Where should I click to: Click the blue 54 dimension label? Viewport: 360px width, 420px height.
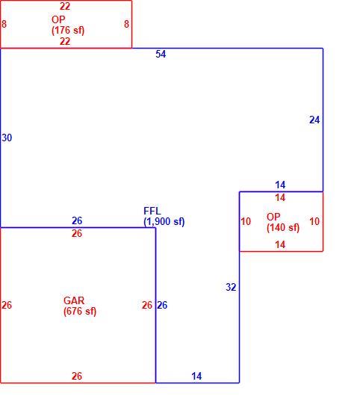[x=161, y=54]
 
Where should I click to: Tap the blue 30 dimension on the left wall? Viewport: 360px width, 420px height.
[x=7, y=138]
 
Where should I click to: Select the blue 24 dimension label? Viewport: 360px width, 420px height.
[x=314, y=120]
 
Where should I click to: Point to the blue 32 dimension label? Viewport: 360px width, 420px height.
[x=231, y=287]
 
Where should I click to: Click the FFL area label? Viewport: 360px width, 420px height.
[x=152, y=211]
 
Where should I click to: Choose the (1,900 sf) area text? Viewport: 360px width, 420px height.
[x=164, y=222]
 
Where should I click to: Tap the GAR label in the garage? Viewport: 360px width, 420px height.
[x=74, y=300]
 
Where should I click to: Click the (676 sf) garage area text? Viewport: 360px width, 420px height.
[x=80, y=311]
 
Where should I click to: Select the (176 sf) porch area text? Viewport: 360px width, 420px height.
[x=68, y=31]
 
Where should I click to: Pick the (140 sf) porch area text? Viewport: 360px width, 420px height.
[x=283, y=228]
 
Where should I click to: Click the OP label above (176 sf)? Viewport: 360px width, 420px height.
[x=58, y=19]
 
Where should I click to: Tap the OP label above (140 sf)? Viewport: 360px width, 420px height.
[x=273, y=217]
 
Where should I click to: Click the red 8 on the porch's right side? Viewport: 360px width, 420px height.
[x=127, y=24]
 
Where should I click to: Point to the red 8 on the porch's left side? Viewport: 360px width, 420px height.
[x=4, y=24]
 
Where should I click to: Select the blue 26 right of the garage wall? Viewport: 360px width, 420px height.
[x=162, y=305]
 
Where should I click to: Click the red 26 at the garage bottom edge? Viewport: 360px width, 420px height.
[x=77, y=376]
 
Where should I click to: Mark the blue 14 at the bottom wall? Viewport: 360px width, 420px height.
[x=196, y=376]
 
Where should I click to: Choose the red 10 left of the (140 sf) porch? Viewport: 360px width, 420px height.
[x=246, y=221]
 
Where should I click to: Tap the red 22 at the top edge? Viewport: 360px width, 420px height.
[x=65, y=6]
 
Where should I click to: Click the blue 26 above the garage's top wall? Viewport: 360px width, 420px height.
[x=77, y=220]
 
